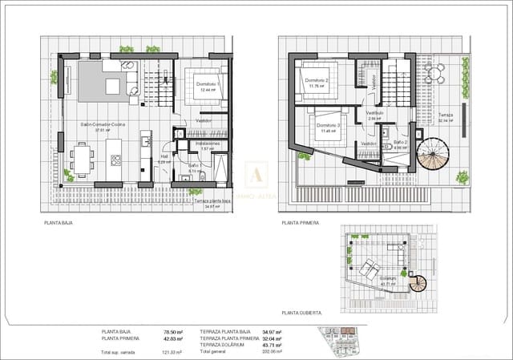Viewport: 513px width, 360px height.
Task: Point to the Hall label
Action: (x=164, y=158)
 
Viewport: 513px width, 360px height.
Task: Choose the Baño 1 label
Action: (x=195, y=167)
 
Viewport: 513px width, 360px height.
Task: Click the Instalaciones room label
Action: (x=207, y=144)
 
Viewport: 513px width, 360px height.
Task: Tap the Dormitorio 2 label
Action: (x=317, y=80)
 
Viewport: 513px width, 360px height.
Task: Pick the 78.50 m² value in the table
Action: (x=171, y=331)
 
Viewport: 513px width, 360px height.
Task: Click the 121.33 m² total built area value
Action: (x=171, y=351)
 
